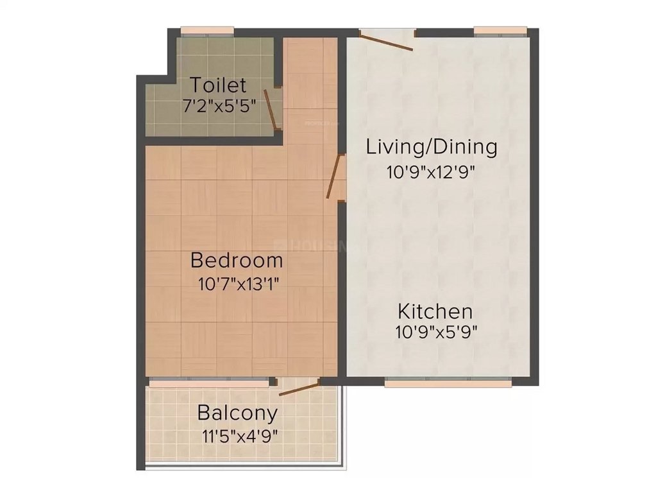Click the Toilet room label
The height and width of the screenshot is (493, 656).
tap(218, 85)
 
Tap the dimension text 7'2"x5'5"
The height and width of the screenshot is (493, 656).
tap(220, 106)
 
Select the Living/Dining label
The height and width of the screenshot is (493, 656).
tap(432, 146)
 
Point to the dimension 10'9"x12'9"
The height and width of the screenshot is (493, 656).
tap(432, 172)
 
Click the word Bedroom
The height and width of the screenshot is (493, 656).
tap(237, 261)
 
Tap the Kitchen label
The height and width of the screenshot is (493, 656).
tap(435, 312)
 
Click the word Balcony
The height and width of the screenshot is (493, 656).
tap(237, 412)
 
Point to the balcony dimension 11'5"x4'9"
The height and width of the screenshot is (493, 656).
tap(239, 437)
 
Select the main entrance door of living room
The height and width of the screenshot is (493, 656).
tap(387, 40)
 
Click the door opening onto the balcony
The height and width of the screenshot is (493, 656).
tap(299, 387)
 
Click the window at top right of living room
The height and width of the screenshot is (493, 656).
tap(500, 30)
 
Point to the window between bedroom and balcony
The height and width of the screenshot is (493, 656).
tap(209, 383)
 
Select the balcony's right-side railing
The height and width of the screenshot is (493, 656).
tap(345, 424)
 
